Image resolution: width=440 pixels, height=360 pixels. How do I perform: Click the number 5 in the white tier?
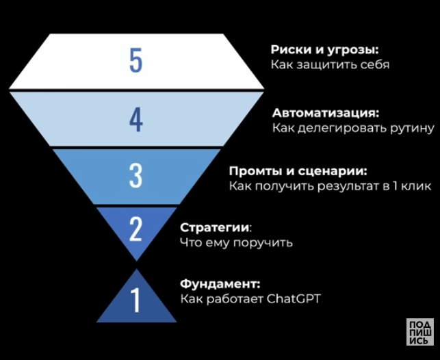pos(135,61)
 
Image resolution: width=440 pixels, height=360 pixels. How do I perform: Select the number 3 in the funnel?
pos(135,176)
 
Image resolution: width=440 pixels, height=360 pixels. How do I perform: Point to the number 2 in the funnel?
pos(135,229)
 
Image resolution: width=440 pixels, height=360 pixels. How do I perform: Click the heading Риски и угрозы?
pos(324,50)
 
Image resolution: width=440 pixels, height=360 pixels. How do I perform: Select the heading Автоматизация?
pos(325,112)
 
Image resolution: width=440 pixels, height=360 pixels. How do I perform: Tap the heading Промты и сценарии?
pos(297,170)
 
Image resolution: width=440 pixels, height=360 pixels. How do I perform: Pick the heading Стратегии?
pos(215,227)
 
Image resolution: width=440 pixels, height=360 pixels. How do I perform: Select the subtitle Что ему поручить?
pos(236,242)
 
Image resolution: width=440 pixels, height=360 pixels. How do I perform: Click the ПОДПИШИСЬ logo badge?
pos(419,332)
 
